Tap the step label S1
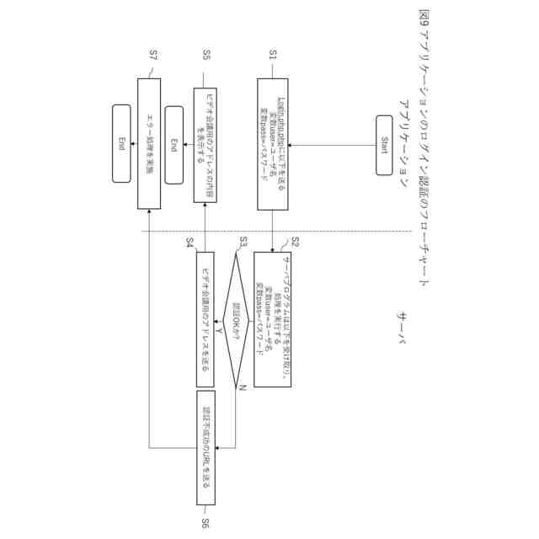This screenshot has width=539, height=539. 273,55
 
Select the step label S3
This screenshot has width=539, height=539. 243,242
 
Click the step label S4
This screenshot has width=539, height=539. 191,243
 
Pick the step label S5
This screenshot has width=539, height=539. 206,55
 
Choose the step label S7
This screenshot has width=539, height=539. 153,55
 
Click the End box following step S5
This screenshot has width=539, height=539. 175,143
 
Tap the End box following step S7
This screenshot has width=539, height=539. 122,143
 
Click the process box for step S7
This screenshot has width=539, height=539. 148,143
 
